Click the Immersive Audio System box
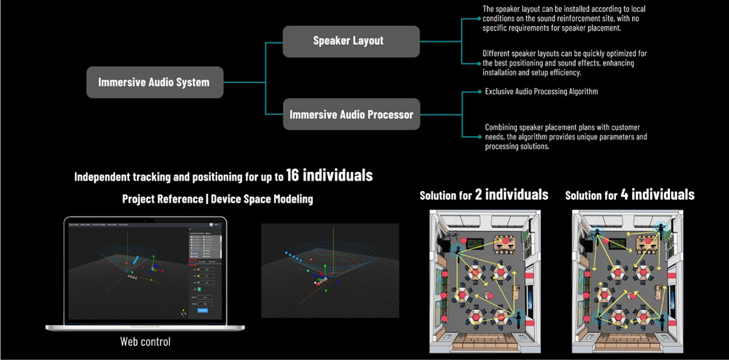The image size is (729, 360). tap(154, 82)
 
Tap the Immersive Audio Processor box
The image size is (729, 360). tap(351, 114)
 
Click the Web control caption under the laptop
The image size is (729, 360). tap(145, 341)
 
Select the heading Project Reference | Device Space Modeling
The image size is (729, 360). tap(217, 199)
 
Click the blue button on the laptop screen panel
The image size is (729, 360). tap(203, 310)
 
